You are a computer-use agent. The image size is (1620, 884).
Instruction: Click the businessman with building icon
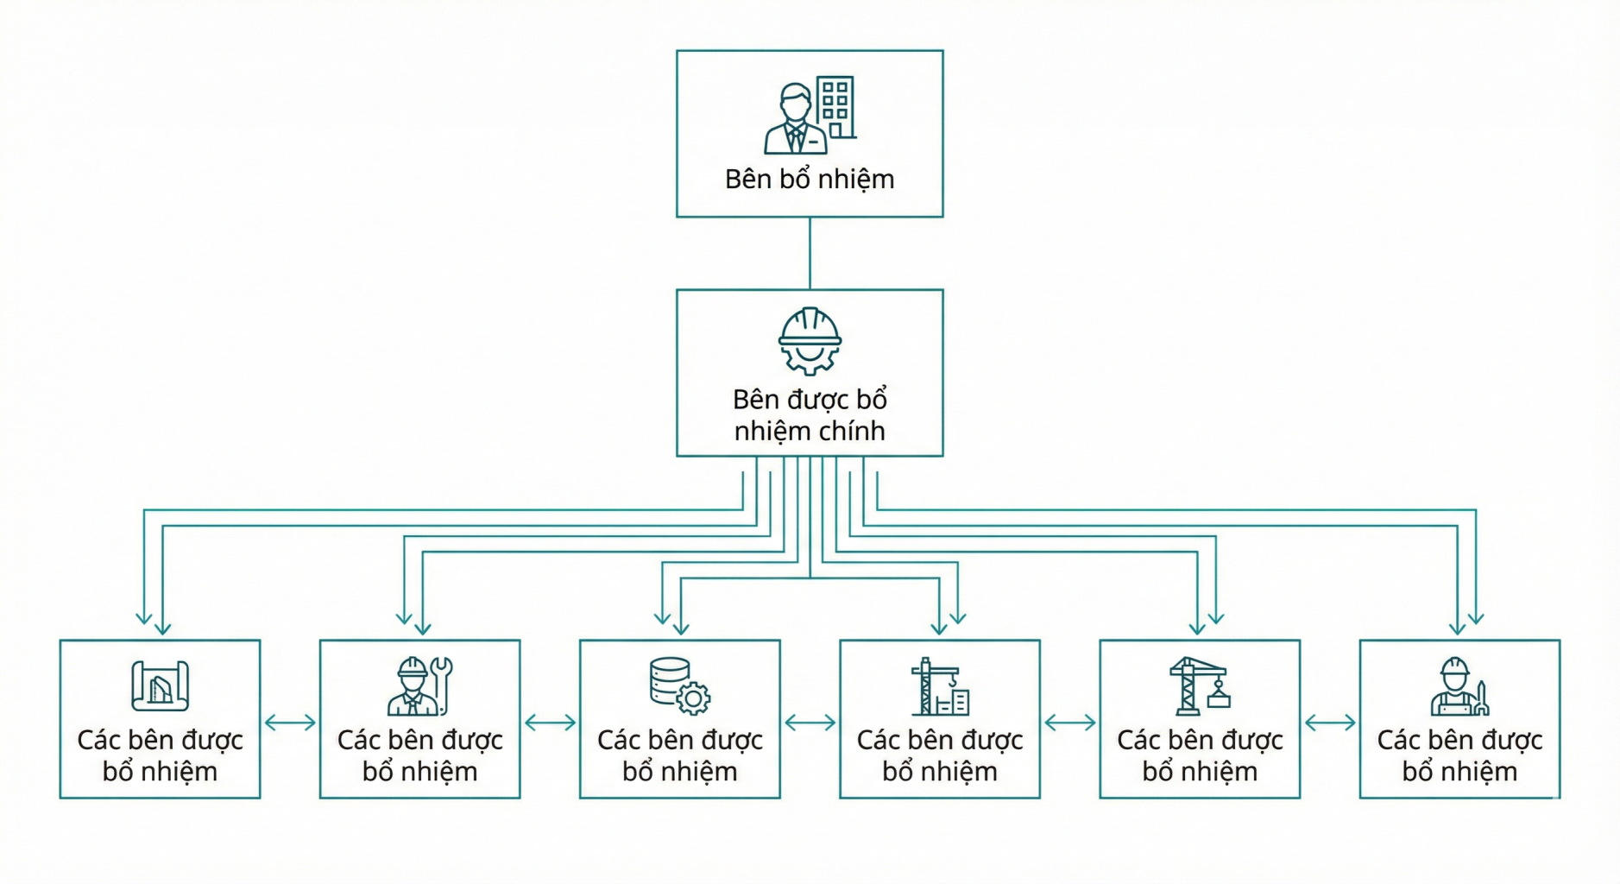pyautogui.click(x=810, y=115)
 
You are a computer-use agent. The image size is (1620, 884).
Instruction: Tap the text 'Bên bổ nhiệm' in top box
pyautogui.click(x=810, y=179)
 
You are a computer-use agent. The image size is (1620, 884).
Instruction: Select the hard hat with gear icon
pyautogui.click(x=810, y=341)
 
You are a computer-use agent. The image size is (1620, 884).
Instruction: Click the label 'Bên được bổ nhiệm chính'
pyautogui.click(x=810, y=415)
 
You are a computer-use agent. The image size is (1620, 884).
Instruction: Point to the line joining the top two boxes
pyautogui.click(x=810, y=253)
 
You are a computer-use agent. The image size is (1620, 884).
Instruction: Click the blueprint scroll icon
pyautogui.click(x=160, y=686)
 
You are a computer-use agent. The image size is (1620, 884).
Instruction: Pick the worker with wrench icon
pyautogui.click(x=419, y=686)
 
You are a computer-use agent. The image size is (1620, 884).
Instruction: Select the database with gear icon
pyautogui.click(x=679, y=686)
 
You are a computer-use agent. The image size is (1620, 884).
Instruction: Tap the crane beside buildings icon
pyautogui.click(x=939, y=687)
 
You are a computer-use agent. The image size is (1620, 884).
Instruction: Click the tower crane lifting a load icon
pyautogui.click(x=1199, y=686)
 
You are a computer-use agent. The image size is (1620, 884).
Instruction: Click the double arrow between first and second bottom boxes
pyautogui.click(x=290, y=723)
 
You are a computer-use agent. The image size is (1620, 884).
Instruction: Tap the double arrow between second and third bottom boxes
pyautogui.click(x=550, y=723)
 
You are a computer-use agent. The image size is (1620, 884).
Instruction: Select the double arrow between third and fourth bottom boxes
pyautogui.click(x=810, y=723)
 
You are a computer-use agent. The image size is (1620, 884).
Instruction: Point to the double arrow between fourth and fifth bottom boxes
pyautogui.click(x=1069, y=723)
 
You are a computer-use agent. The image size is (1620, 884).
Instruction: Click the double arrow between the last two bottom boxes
pyautogui.click(x=1330, y=723)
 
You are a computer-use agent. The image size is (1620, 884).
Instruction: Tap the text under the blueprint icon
pyautogui.click(x=160, y=755)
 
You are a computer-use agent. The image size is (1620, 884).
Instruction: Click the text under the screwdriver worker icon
pyautogui.click(x=1459, y=755)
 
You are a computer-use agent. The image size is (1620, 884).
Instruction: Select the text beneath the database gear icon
pyautogui.click(x=679, y=755)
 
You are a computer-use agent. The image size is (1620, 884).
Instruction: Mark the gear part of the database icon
pyautogui.click(x=693, y=698)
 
